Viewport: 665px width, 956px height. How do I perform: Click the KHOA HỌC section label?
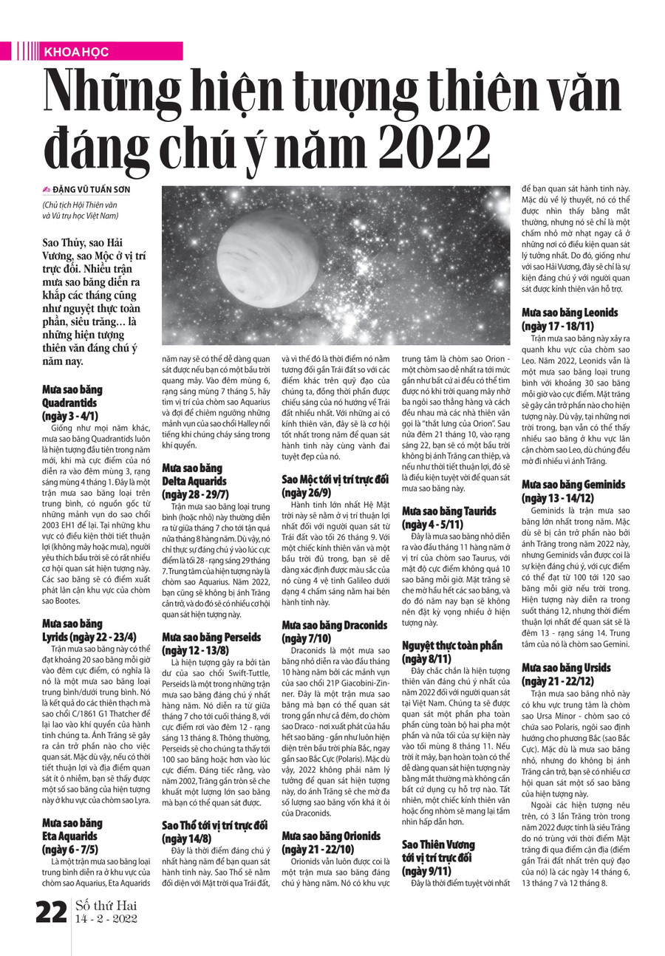(76, 52)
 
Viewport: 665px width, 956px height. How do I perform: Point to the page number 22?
(52, 914)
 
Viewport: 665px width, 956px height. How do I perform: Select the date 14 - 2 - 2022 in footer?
(106, 921)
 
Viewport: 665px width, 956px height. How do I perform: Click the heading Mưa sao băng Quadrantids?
(72, 403)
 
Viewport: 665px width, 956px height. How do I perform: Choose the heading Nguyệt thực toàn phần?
(451, 652)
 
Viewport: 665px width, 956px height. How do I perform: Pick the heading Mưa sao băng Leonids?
(570, 319)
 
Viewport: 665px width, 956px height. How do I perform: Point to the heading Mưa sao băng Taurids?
(449, 517)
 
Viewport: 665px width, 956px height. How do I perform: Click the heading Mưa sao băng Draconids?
(335, 632)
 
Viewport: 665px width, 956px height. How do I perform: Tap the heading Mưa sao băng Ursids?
(566, 674)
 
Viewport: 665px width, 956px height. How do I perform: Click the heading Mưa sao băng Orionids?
(331, 842)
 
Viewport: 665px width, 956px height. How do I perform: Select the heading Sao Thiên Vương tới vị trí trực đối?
(438, 857)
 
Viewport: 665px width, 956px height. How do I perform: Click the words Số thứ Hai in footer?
(106, 906)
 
